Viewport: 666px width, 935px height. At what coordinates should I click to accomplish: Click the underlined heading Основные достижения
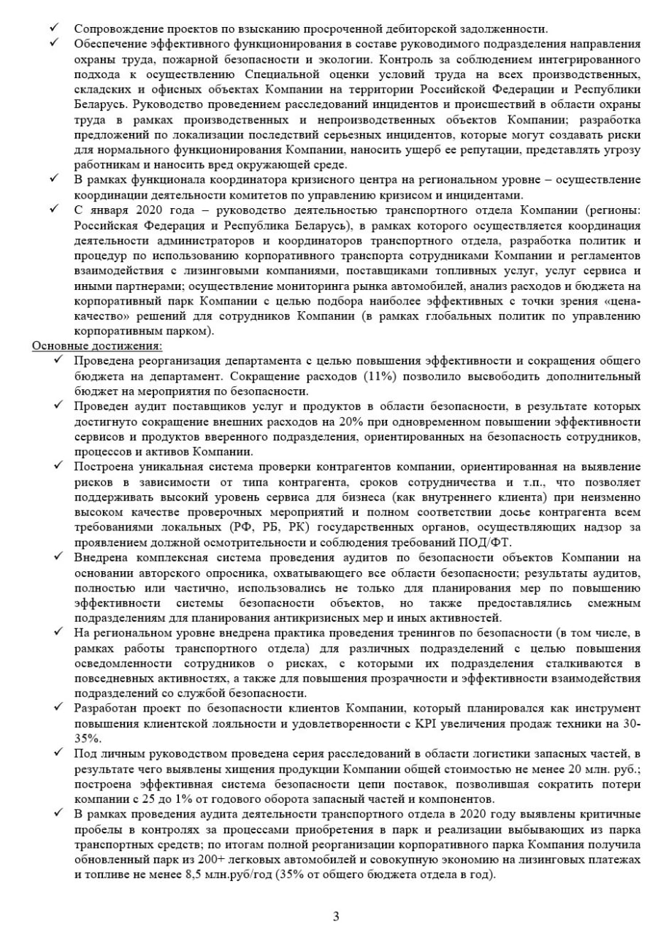97,346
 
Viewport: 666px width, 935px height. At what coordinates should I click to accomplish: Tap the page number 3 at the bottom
336,916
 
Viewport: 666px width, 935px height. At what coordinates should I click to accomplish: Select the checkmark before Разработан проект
58,708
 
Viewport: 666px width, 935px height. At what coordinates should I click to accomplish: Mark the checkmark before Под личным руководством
58,754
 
